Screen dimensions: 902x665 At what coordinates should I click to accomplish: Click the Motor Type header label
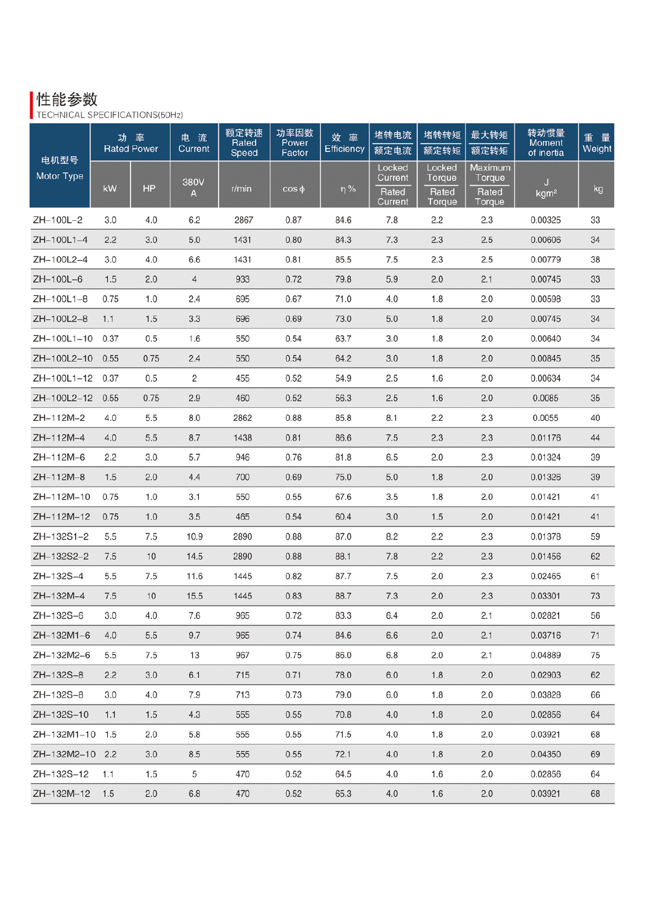[60, 176]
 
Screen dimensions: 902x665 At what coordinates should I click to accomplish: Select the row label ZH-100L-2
[58, 220]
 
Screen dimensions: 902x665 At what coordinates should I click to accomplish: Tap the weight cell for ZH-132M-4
[595, 596]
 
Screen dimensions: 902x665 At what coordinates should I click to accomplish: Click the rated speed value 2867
[243, 220]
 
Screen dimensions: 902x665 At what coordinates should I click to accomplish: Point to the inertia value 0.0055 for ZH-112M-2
[546, 418]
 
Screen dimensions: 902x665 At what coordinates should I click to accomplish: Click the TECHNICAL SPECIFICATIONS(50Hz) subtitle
[110, 115]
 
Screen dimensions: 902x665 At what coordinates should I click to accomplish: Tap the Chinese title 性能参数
[67, 99]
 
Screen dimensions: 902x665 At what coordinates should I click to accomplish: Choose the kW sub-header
[110, 189]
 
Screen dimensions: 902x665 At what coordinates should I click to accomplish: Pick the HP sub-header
[149, 189]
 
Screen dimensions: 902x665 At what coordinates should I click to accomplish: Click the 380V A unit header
[193, 188]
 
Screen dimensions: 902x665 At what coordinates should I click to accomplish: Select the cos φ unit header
[294, 189]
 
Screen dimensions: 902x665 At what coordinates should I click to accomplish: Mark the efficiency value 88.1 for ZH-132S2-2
[344, 557]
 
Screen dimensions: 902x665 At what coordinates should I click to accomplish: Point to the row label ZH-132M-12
[62, 794]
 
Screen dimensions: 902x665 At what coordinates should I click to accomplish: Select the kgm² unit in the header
[546, 193]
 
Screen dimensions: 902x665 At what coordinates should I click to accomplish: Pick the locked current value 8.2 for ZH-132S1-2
[392, 537]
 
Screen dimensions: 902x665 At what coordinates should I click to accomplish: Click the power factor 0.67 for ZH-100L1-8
[294, 300]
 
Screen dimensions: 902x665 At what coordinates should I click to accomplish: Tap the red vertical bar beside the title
[31, 105]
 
